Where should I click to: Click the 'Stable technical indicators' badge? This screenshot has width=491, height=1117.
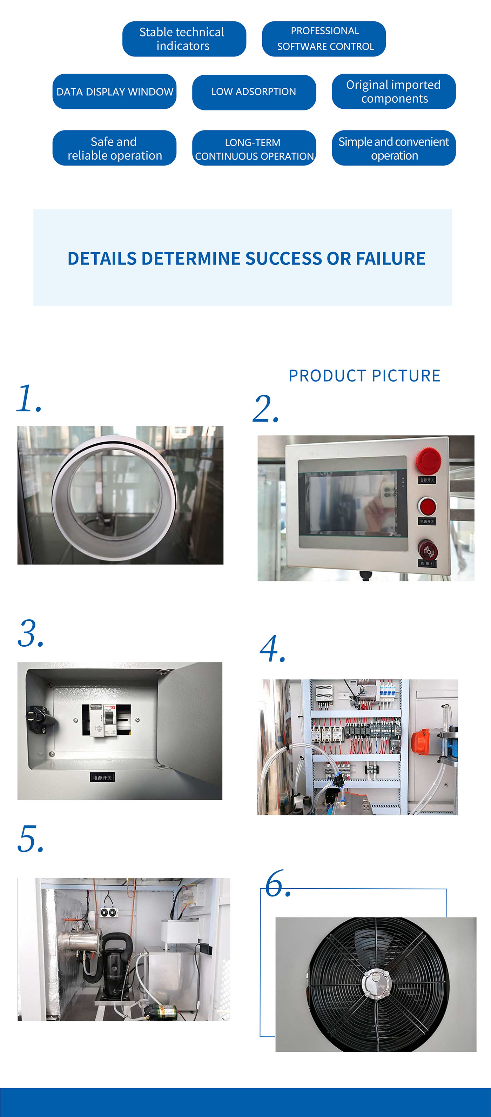click(x=184, y=39)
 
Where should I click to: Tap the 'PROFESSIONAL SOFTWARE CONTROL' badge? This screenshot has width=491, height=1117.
click(x=324, y=39)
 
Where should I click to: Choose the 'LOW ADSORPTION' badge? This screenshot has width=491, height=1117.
click(x=254, y=92)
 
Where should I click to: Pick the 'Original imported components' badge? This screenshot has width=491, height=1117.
click(x=394, y=92)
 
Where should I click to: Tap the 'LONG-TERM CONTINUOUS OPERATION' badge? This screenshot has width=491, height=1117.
click(x=254, y=148)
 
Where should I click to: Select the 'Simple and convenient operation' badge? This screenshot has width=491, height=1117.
click(x=394, y=148)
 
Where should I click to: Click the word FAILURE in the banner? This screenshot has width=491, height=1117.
click(x=390, y=258)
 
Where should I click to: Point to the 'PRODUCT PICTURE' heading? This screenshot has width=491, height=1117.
click(x=364, y=376)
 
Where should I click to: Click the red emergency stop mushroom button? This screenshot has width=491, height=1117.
click(x=428, y=460)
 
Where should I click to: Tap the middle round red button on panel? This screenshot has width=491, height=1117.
click(x=427, y=506)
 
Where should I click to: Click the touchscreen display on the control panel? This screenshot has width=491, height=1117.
click(x=352, y=503)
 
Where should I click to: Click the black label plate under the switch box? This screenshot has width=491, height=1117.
click(x=102, y=778)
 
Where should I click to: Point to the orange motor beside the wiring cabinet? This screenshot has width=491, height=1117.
click(x=420, y=741)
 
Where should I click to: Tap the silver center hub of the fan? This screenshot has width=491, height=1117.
click(x=376, y=985)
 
